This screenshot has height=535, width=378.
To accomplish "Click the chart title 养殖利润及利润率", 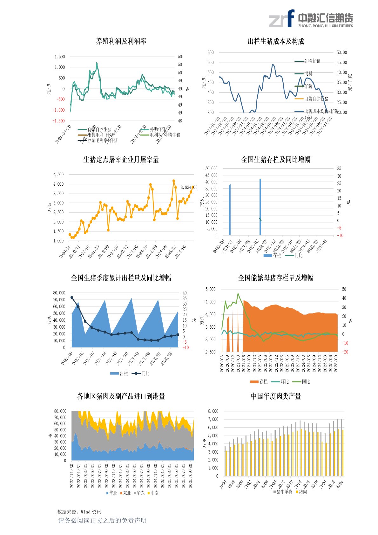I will (121, 41).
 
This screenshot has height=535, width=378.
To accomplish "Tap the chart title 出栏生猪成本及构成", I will (276, 41).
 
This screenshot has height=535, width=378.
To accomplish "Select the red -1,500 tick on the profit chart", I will (58, 121).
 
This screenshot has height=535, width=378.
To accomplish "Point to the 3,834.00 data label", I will (189, 188).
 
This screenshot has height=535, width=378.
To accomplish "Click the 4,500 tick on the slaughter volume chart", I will (58, 175).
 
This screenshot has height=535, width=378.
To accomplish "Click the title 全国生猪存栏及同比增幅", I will (276, 160).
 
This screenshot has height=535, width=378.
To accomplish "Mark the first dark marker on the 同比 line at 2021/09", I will (72, 298).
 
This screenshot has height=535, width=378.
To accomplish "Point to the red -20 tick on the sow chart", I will (345, 352).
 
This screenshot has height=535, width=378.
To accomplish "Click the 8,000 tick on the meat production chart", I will (213, 411).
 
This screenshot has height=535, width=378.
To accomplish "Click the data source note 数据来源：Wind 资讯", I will (79, 512).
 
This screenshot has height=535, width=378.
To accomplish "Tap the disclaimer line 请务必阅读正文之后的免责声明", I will (102, 520).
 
